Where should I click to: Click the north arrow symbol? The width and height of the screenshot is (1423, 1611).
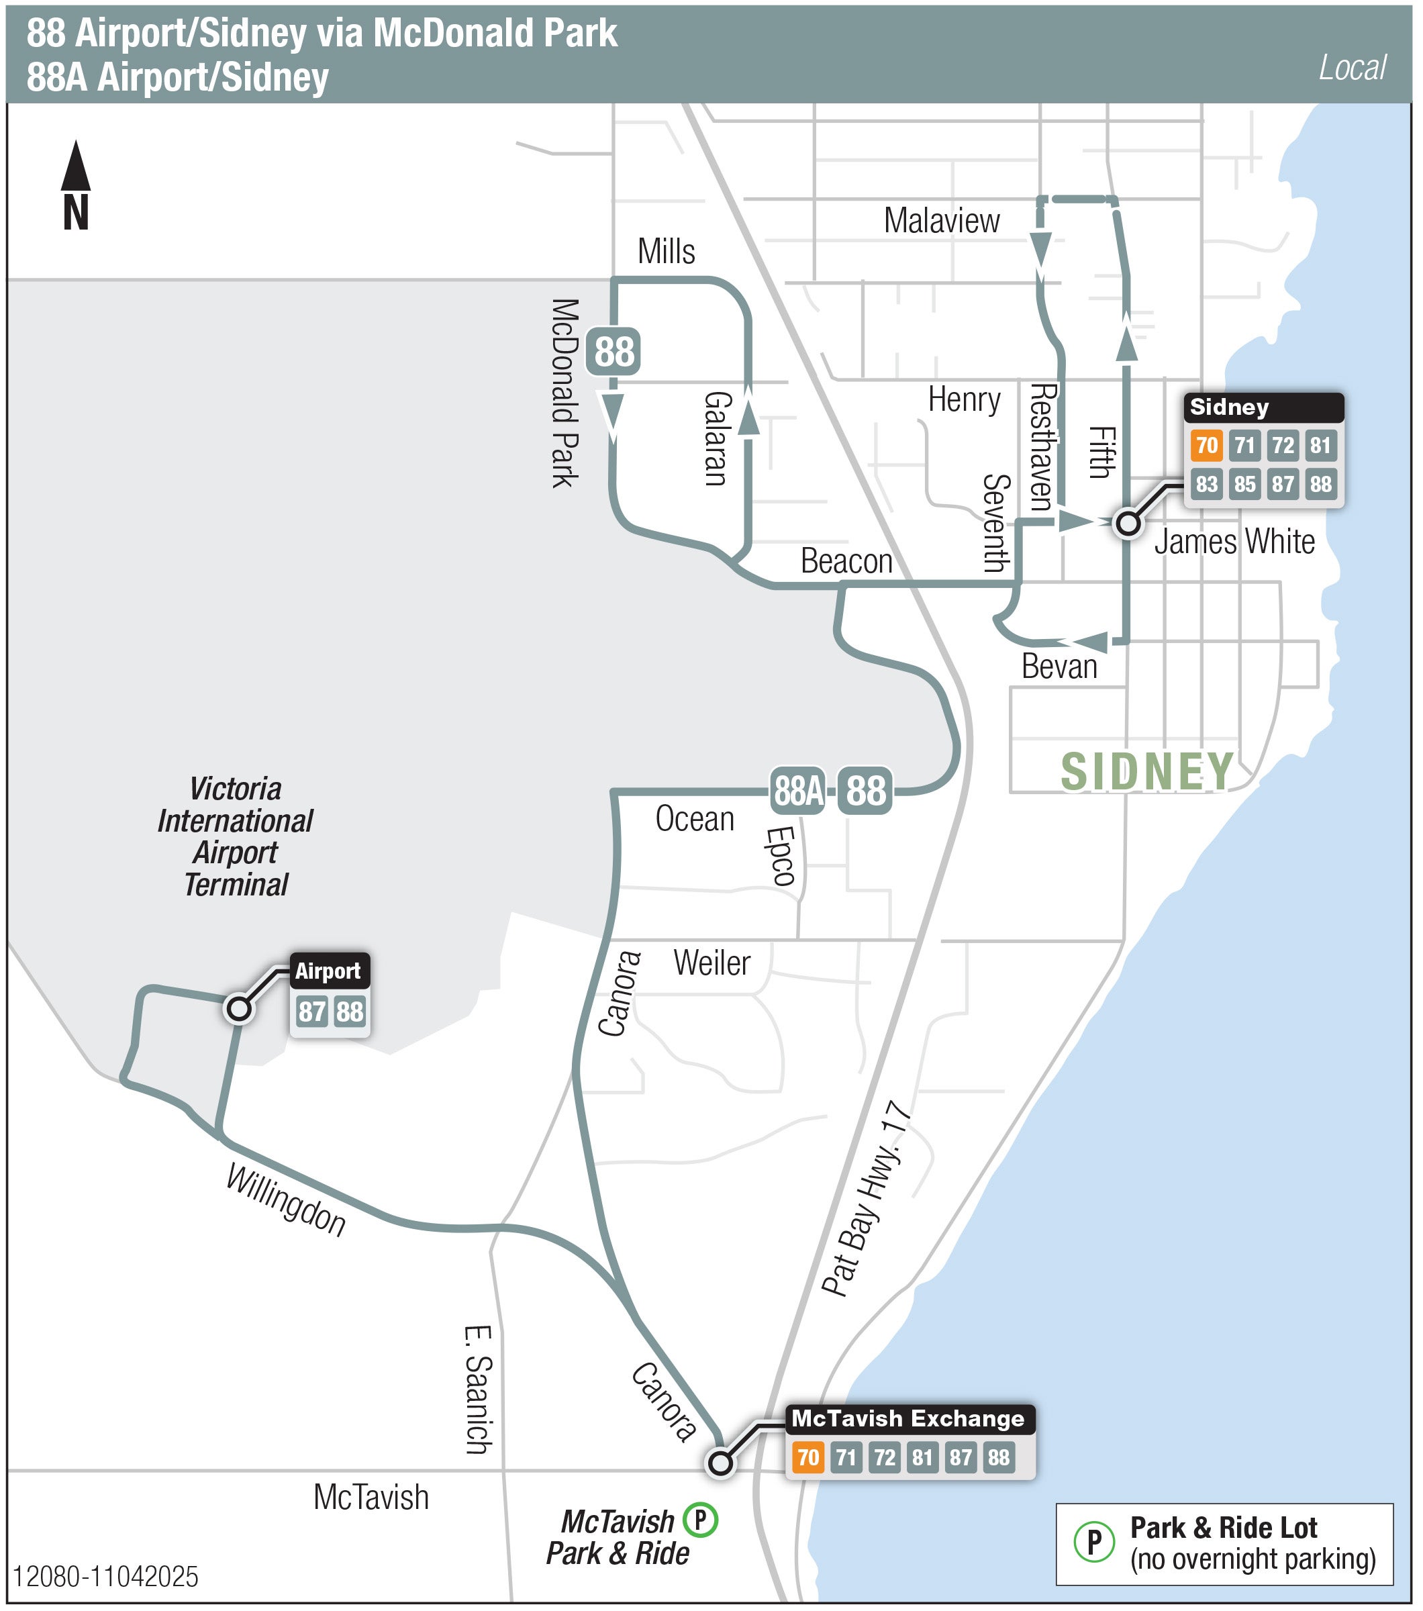click(x=76, y=186)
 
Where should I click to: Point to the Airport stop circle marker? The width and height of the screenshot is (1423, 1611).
click(x=239, y=1009)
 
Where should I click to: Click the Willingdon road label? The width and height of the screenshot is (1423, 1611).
click(x=286, y=1201)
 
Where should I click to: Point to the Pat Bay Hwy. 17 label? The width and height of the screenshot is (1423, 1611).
click(x=867, y=1199)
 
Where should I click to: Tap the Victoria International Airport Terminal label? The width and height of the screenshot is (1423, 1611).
click(x=236, y=837)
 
